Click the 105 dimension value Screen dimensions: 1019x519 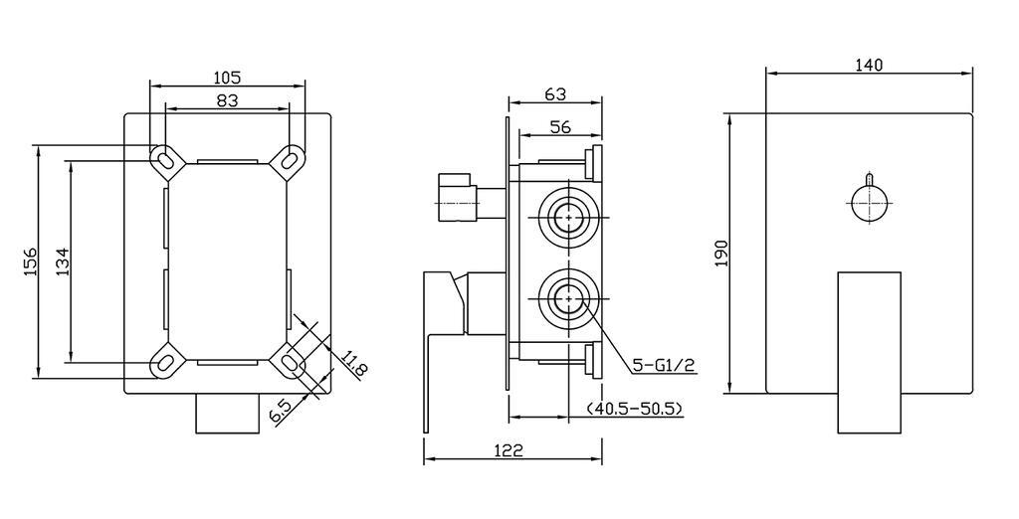[x=228, y=78]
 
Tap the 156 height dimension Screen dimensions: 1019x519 [x=30, y=261]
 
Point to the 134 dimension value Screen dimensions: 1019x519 [x=63, y=261]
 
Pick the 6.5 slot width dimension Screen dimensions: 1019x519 [x=280, y=413]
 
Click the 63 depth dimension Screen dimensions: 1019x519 [x=555, y=94]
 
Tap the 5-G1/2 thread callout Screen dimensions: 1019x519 [x=664, y=366]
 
